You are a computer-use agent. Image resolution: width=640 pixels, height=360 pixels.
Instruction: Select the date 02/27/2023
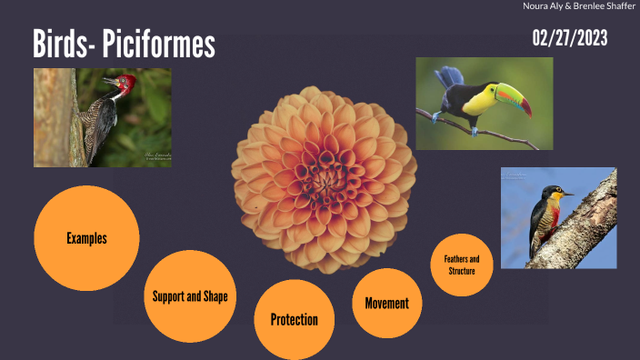click(570, 38)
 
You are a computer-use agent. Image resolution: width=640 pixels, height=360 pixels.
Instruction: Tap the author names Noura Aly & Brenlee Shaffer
click(579, 7)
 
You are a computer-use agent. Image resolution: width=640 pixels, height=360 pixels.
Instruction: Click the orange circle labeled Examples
click(86, 238)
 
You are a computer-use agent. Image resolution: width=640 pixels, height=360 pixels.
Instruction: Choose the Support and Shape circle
click(190, 296)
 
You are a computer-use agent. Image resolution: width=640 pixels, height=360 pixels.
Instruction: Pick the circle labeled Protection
click(294, 319)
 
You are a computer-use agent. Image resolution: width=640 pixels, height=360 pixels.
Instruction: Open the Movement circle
click(386, 303)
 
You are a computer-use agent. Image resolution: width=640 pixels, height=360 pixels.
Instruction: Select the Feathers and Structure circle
click(462, 265)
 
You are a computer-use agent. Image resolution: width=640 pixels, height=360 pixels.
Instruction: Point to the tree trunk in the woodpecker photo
click(56, 118)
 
